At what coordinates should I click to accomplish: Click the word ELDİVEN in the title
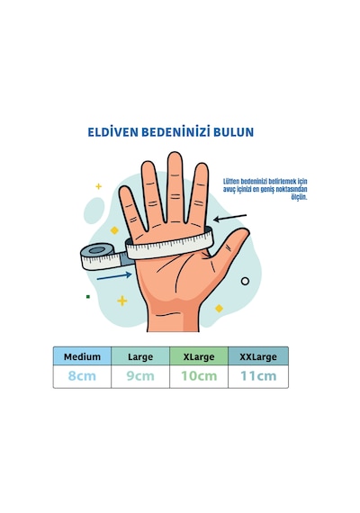[112, 131]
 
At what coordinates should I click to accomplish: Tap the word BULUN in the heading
[234, 132]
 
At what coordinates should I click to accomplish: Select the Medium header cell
[82, 356]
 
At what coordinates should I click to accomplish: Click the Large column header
[140, 356]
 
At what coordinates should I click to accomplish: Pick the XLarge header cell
[199, 356]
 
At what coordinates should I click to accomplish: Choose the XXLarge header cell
[258, 356]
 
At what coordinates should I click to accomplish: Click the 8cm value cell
[82, 376]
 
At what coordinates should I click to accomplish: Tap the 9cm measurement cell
[140, 376]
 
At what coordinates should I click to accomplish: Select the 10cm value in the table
[199, 376]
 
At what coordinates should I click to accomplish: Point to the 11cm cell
[258, 376]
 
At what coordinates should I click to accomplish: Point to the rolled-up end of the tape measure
[97, 256]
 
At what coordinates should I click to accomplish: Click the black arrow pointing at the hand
[229, 217]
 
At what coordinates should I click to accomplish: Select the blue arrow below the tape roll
[114, 276]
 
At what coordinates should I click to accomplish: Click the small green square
[87, 297]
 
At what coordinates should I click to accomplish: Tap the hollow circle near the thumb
[245, 281]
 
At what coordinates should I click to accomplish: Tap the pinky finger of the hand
[130, 210]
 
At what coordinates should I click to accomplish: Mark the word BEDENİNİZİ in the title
[175, 131]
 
